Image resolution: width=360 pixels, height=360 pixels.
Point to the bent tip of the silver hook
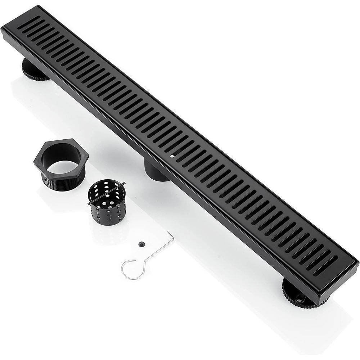click(172, 235)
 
